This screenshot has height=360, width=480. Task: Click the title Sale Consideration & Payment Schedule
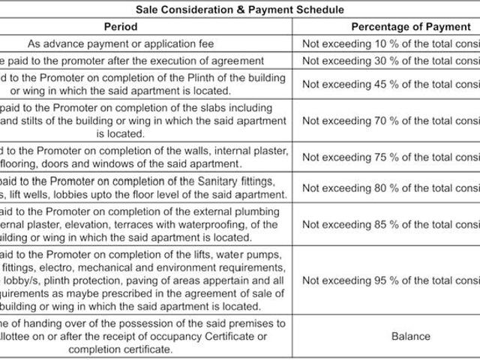[x=239, y=10]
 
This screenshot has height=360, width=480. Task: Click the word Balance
[x=410, y=336]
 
